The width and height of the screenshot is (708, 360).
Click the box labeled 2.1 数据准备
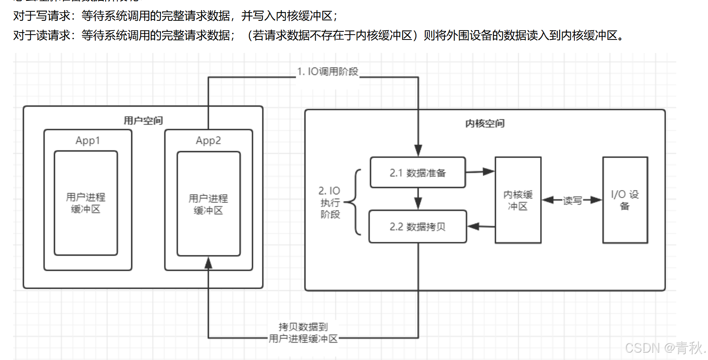click(418, 173)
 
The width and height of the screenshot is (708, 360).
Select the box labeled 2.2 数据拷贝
click(418, 226)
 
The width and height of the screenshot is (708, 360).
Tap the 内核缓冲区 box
click(518, 200)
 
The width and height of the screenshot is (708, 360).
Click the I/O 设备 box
click(625, 200)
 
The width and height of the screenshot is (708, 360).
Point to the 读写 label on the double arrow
click(572, 200)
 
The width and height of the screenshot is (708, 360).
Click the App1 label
click(88, 140)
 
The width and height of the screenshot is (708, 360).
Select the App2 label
click(208, 140)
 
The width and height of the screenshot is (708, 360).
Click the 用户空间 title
click(143, 121)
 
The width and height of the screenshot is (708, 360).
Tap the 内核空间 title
click(485, 123)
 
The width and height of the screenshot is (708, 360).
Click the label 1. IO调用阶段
click(328, 72)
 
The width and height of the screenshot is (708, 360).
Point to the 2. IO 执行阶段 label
click(330, 202)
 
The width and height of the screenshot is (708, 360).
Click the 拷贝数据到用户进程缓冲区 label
click(303, 333)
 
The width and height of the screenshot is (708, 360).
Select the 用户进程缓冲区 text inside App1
click(86, 203)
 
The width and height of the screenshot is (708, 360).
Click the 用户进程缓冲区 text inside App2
click(208, 204)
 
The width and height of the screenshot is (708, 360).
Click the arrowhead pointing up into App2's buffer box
click(208, 263)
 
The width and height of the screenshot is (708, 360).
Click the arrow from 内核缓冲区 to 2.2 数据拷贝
click(481, 226)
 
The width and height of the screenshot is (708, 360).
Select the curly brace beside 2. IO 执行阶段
click(354, 202)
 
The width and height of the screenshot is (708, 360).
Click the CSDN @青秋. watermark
click(665, 348)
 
